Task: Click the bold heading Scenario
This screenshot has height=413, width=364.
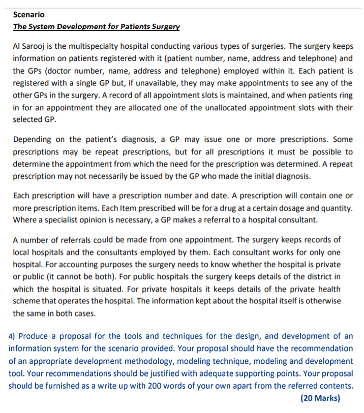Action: [28, 15]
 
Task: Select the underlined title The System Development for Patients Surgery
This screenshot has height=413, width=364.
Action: [96, 26]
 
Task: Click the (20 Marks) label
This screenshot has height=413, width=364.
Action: [320, 398]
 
